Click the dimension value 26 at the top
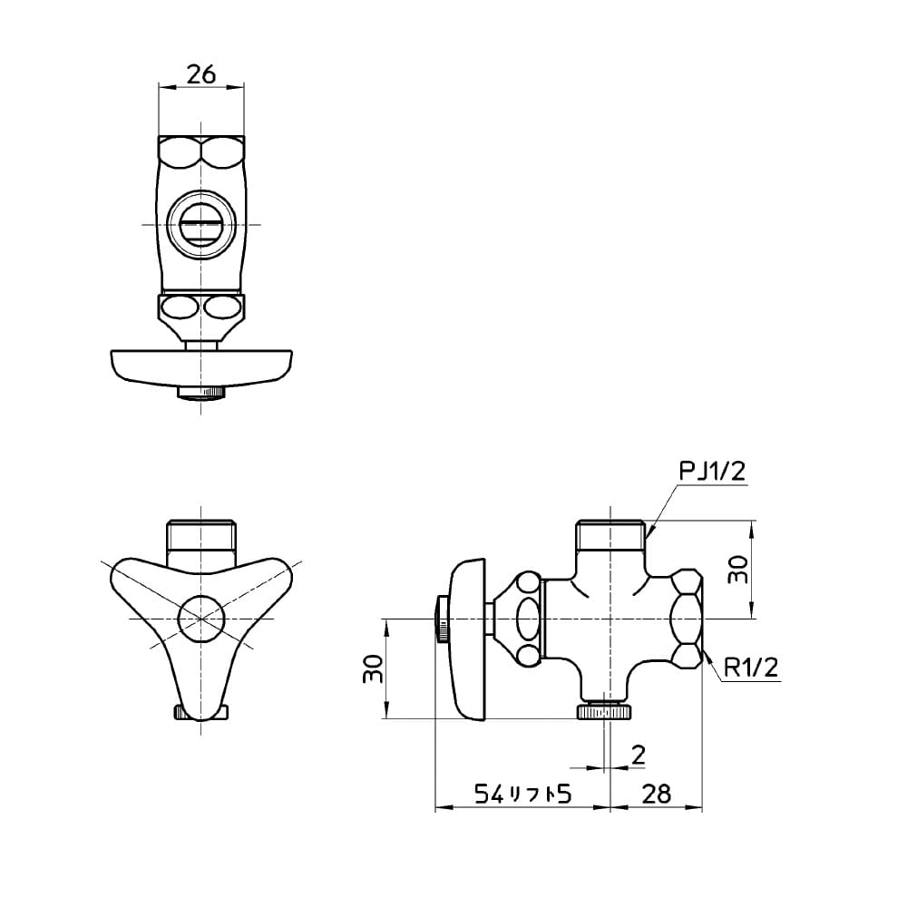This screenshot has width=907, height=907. pyautogui.click(x=201, y=74)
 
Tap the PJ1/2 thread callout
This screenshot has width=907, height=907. pyautogui.click(x=712, y=472)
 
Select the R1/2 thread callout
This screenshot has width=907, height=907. pyautogui.click(x=751, y=668)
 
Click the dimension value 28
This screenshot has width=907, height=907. pyautogui.click(x=656, y=795)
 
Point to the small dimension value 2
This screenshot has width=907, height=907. pyautogui.click(x=638, y=755)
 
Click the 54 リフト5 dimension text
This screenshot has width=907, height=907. pyautogui.click(x=523, y=795)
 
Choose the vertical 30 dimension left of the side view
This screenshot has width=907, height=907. pyautogui.click(x=373, y=668)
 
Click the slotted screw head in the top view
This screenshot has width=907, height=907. pyautogui.click(x=200, y=224)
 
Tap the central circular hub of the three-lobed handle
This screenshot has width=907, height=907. pyautogui.click(x=200, y=619)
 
